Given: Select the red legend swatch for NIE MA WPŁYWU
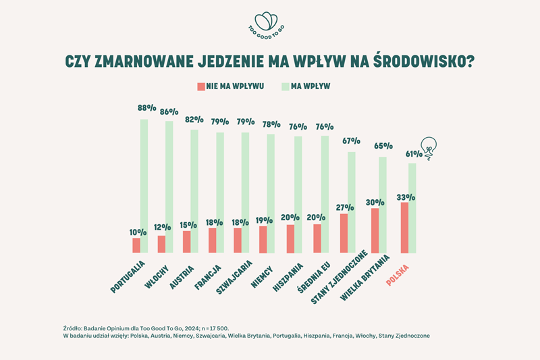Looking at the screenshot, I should coord(200,86).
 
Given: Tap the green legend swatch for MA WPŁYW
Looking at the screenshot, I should coord(286,86).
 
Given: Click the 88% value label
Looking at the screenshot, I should coord(146,107).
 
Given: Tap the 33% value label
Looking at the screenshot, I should coord(405,197).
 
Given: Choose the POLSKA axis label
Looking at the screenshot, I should coord(400,270).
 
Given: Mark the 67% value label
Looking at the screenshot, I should coord(351,141).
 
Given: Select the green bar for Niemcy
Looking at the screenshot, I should coord(271,193).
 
